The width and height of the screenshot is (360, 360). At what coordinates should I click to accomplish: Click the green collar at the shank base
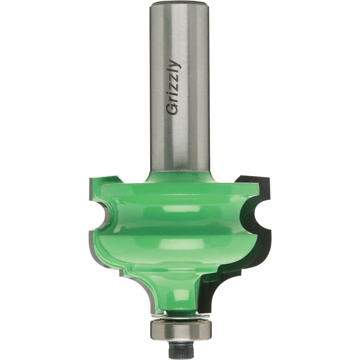(180, 177)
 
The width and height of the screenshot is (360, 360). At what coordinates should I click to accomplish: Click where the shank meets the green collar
(180, 171)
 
